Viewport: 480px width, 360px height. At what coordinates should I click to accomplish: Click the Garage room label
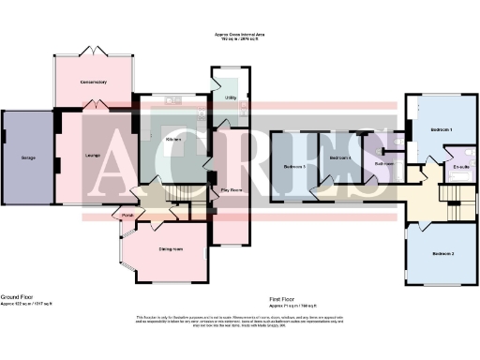pos(29,158)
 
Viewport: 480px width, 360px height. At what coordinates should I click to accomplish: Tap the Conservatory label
pos(94,82)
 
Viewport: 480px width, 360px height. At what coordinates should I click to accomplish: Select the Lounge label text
pos(93,154)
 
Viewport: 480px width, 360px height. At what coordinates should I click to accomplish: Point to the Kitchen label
pos(173,140)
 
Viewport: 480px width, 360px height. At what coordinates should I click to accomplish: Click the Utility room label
pos(230,97)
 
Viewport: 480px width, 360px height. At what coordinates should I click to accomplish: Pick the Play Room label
pos(231,190)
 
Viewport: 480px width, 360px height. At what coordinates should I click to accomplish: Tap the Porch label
pos(129,212)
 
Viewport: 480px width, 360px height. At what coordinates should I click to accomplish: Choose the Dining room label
pos(170,248)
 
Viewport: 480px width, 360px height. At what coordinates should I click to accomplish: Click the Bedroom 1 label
pos(442,128)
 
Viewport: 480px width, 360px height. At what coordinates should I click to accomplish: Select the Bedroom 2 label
pos(443,254)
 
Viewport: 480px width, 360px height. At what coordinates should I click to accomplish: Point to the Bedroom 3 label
pos(293,167)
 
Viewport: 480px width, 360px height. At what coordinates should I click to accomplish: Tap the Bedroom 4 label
pos(340,157)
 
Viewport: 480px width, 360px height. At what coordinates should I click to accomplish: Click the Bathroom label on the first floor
pos(382,164)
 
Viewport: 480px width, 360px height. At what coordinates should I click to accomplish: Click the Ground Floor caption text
pos(19,296)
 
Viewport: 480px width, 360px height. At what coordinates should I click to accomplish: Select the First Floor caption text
pos(286,296)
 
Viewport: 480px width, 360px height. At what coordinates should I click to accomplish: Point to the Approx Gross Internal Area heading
pos(240,36)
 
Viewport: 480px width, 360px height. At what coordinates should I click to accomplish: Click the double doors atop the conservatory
pos(94,49)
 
